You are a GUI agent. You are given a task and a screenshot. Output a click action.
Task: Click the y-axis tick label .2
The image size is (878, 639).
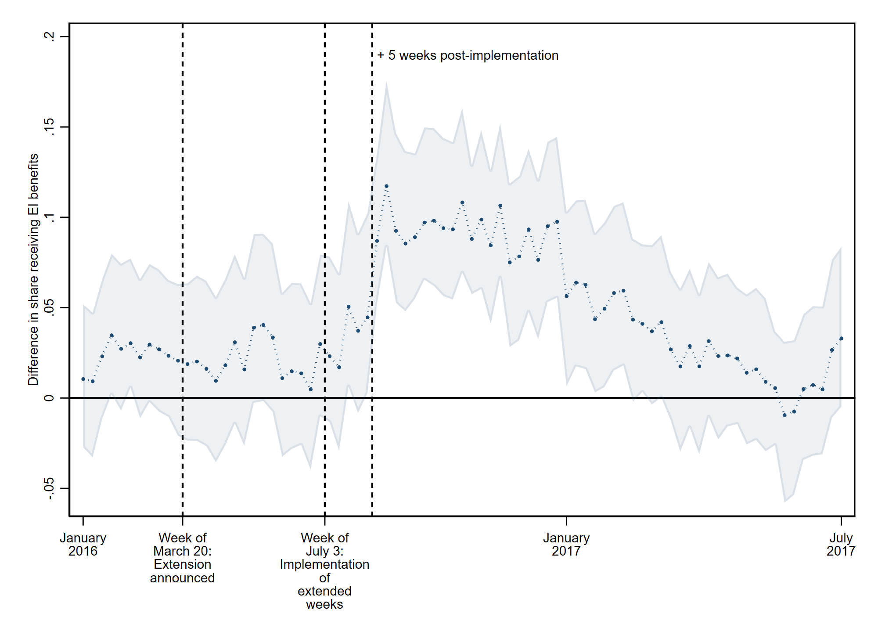coord(50,36)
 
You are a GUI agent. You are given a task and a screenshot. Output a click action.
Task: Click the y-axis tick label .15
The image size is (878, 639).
coord(50,126)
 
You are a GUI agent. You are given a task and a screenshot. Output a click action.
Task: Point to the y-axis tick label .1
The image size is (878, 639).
coord(50,217)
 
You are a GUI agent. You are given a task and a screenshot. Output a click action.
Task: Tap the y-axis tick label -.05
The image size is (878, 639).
coord(50,488)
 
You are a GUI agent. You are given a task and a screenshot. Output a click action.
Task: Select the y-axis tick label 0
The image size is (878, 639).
coord(50,398)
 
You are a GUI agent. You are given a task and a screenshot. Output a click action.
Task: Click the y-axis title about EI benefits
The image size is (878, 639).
coord(33,269)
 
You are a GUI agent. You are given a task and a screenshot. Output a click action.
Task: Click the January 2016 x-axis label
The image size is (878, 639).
coord(83,544)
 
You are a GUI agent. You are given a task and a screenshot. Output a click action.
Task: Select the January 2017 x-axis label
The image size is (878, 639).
coord(566,544)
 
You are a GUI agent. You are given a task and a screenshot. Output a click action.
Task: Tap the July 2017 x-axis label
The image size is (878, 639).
coord(841,544)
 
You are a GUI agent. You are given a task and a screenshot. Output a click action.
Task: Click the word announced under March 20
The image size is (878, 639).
coord(182,578)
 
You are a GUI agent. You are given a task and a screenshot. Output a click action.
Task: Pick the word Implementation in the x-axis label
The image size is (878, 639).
coord(324,564)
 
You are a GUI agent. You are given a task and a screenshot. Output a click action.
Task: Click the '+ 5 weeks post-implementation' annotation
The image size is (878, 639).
coord(468,55)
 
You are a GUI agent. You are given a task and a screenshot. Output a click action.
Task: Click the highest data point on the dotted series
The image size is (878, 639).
coord(386,186)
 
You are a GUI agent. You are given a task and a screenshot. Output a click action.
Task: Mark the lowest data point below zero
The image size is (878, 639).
coord(784,415)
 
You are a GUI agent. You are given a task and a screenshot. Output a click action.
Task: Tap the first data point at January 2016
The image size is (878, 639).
coord(83,379)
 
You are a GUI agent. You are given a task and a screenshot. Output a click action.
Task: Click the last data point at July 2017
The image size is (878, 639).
coord(841,339)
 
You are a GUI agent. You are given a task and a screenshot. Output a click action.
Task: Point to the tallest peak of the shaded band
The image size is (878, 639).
coord(386,83)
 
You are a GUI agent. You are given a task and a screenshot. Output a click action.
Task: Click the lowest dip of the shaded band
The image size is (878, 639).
coord(785,501)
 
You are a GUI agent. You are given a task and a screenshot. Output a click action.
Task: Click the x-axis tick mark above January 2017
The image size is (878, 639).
coord(566,521)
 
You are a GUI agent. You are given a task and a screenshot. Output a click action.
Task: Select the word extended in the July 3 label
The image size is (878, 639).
coord(324,591)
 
